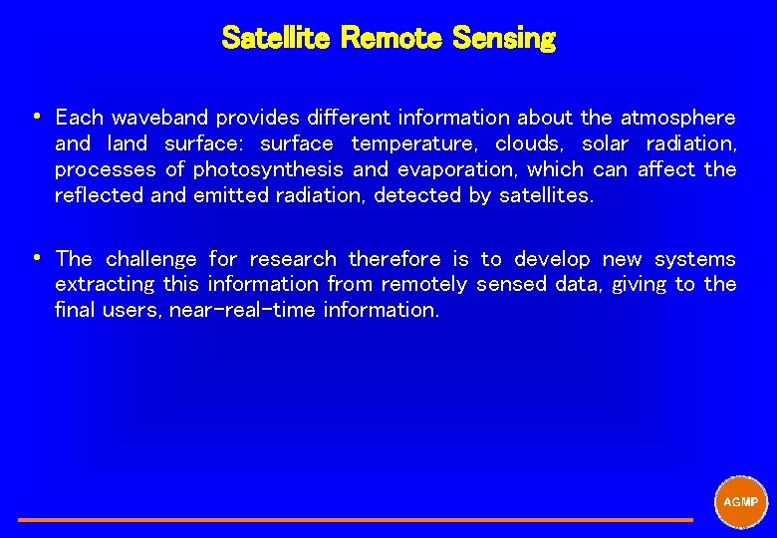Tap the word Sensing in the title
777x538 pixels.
click(x=503, y=38)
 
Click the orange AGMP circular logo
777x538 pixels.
click(x=741, y=502)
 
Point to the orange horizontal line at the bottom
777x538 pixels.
click(x=355, y=519)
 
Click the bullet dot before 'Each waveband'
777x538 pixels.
click(x=36, y=116)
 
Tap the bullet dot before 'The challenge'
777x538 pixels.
click(x=36, y=257)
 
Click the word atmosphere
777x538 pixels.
click(x=677, y=118)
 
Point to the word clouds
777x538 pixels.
click(x=530, y=143)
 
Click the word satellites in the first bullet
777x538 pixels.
click(x=545, y=195)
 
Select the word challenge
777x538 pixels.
click(x=151, y=259)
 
